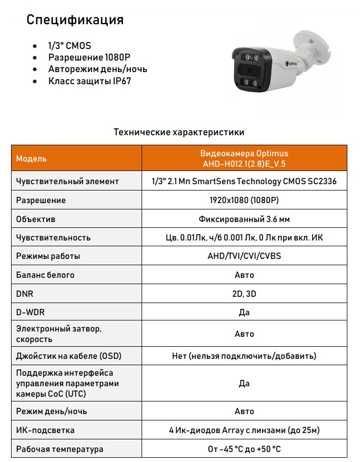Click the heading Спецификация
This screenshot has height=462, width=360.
pos(75,20)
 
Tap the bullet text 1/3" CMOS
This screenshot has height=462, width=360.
pos(69,46)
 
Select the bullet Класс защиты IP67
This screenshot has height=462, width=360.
pos(89,81)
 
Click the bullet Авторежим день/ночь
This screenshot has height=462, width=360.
pos(97,69)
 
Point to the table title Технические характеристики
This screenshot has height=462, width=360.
pos(179,132)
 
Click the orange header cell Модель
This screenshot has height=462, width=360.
pos(32,158)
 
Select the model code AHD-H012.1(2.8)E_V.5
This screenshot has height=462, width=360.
pos(244,164)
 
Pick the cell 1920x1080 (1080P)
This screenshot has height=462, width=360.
pos(244,200)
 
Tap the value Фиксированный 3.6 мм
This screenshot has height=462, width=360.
pos(244,219)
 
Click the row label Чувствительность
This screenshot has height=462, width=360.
pos(53,238)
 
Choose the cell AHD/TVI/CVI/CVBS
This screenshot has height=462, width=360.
pos(244,256)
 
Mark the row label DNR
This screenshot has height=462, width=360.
pos(25,294)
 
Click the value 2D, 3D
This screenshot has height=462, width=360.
pos(244,294)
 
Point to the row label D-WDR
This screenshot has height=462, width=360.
pos(31,313)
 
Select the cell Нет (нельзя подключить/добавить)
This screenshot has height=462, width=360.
pos(244,356)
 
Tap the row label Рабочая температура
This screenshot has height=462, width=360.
pos(59,449)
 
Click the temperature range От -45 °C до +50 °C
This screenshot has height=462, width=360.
pos(244,449)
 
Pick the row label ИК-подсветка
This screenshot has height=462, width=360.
pos(45,430)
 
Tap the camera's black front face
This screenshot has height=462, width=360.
pos(248,71)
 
